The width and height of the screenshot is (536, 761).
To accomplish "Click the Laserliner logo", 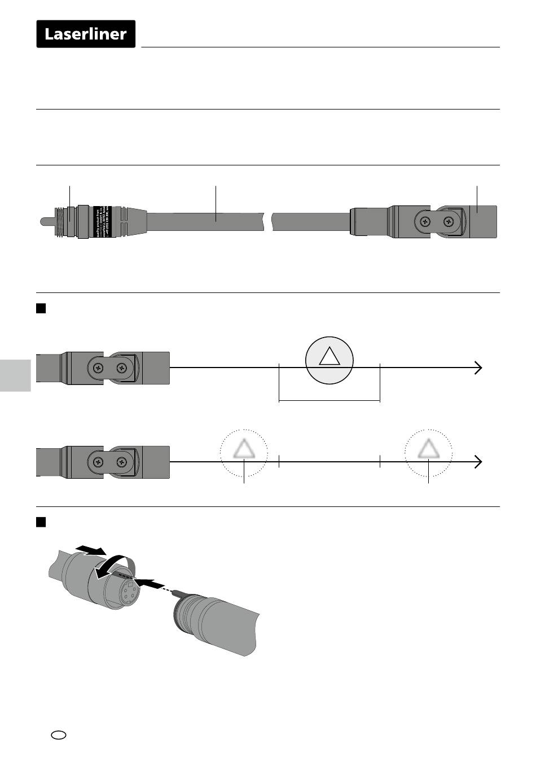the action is pos(86,34).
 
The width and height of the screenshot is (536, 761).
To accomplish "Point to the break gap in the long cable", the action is pos(268,221).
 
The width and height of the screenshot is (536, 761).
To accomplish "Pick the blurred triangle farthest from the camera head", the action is pos(428,449).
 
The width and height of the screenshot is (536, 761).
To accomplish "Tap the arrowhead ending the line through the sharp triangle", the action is pos(478,368).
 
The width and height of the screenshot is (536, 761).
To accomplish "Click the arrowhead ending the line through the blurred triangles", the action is pos(478,462).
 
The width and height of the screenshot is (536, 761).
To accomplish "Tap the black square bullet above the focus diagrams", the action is pos(41,308).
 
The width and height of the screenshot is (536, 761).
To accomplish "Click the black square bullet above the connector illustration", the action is pos(41,522).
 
